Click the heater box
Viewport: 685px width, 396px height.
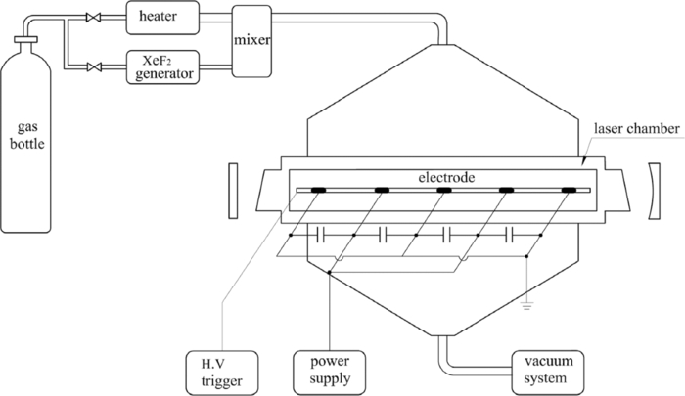click(x=163, y=17)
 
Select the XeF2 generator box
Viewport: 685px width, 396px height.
click(x=163, y=66)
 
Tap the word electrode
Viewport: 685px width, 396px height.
click(x=446, y=178)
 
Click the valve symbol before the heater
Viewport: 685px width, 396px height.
click(x=95, y=18)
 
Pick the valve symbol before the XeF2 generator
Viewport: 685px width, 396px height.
click(x=95, y=66)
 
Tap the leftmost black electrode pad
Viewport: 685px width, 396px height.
click(x=319, y=189)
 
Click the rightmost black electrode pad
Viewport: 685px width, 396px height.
click(x=571, y=189)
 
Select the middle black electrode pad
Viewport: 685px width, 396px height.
click(x=444, y=189)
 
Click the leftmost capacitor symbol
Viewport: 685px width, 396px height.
click(x=320, y=235)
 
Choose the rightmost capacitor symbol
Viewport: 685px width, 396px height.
click(x=509, y=235)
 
